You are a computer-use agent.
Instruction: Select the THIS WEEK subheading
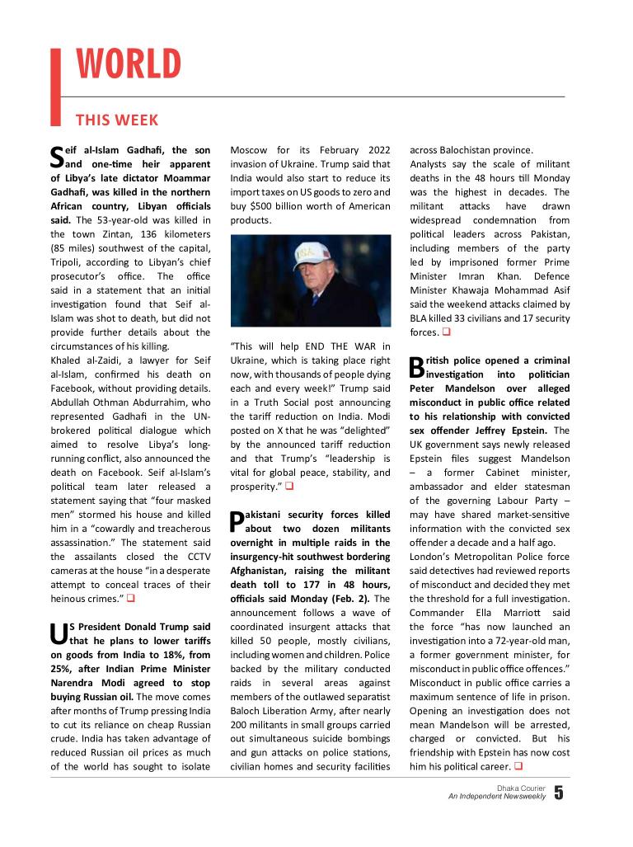pos(116,120)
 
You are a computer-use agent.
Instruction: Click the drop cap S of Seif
pos(57,157)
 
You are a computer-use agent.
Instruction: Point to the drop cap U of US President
pos(59,633)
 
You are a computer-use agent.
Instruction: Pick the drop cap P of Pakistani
pos(237,520)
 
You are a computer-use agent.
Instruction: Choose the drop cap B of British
pos(416,367)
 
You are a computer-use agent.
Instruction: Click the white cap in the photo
pos(308,252)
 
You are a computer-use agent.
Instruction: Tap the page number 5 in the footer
pos(559,793)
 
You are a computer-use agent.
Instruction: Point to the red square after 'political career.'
pos(518,767)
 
